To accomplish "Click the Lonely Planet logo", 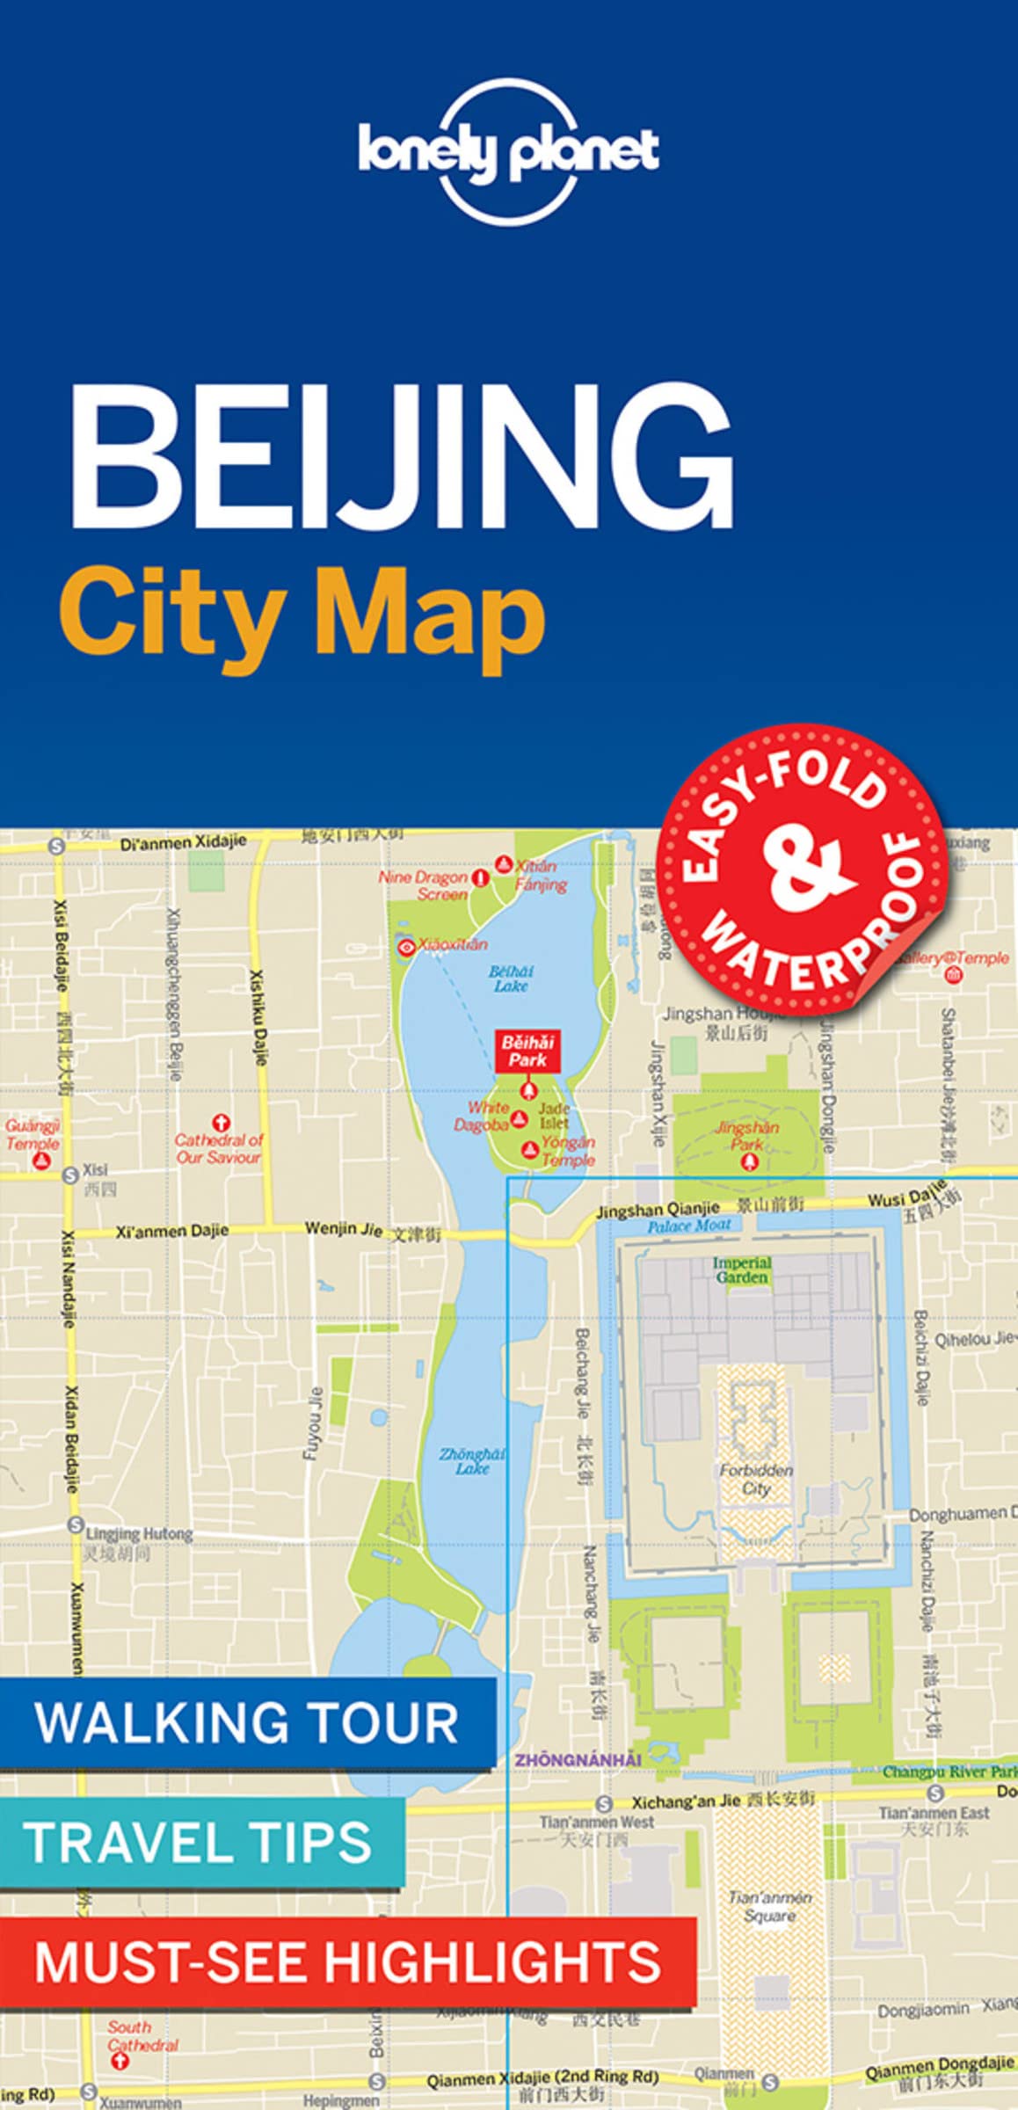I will coord(508,150).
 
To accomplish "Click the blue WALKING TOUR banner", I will coord(247,1723).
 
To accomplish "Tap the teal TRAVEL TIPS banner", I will coord(200,1842).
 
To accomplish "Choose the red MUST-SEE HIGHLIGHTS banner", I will coord(347,1961).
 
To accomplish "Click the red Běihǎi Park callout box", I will coord(527,1051).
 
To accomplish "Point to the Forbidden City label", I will coord(756,1479).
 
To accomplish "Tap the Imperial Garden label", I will coord(742,1270).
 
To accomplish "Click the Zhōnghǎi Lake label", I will coord(472,1461).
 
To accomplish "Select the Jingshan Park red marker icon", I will coord(750,1162).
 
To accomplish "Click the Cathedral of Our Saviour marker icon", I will coord(220,1123).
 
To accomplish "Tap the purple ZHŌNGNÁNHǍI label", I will coord(578,1759).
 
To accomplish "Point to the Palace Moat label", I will coord(689,1226).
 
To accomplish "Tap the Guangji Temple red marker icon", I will coord(40,1160).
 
